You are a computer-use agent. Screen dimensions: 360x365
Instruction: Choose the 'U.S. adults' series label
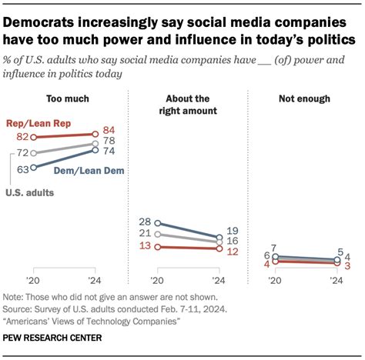(32, 192)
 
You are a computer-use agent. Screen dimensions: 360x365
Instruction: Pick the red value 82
(24, 136)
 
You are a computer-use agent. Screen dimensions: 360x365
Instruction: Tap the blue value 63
(24, 168)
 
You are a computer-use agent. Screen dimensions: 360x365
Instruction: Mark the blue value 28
(145, 222)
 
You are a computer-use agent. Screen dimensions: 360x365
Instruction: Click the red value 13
(145, 246)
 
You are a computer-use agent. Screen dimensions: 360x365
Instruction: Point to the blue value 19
(233, 230)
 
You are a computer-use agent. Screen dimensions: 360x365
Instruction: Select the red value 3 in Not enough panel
(348, 265)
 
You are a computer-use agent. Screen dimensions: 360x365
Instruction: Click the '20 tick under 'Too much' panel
(32, 281)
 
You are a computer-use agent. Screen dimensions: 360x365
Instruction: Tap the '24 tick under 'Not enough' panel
(336, 281)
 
